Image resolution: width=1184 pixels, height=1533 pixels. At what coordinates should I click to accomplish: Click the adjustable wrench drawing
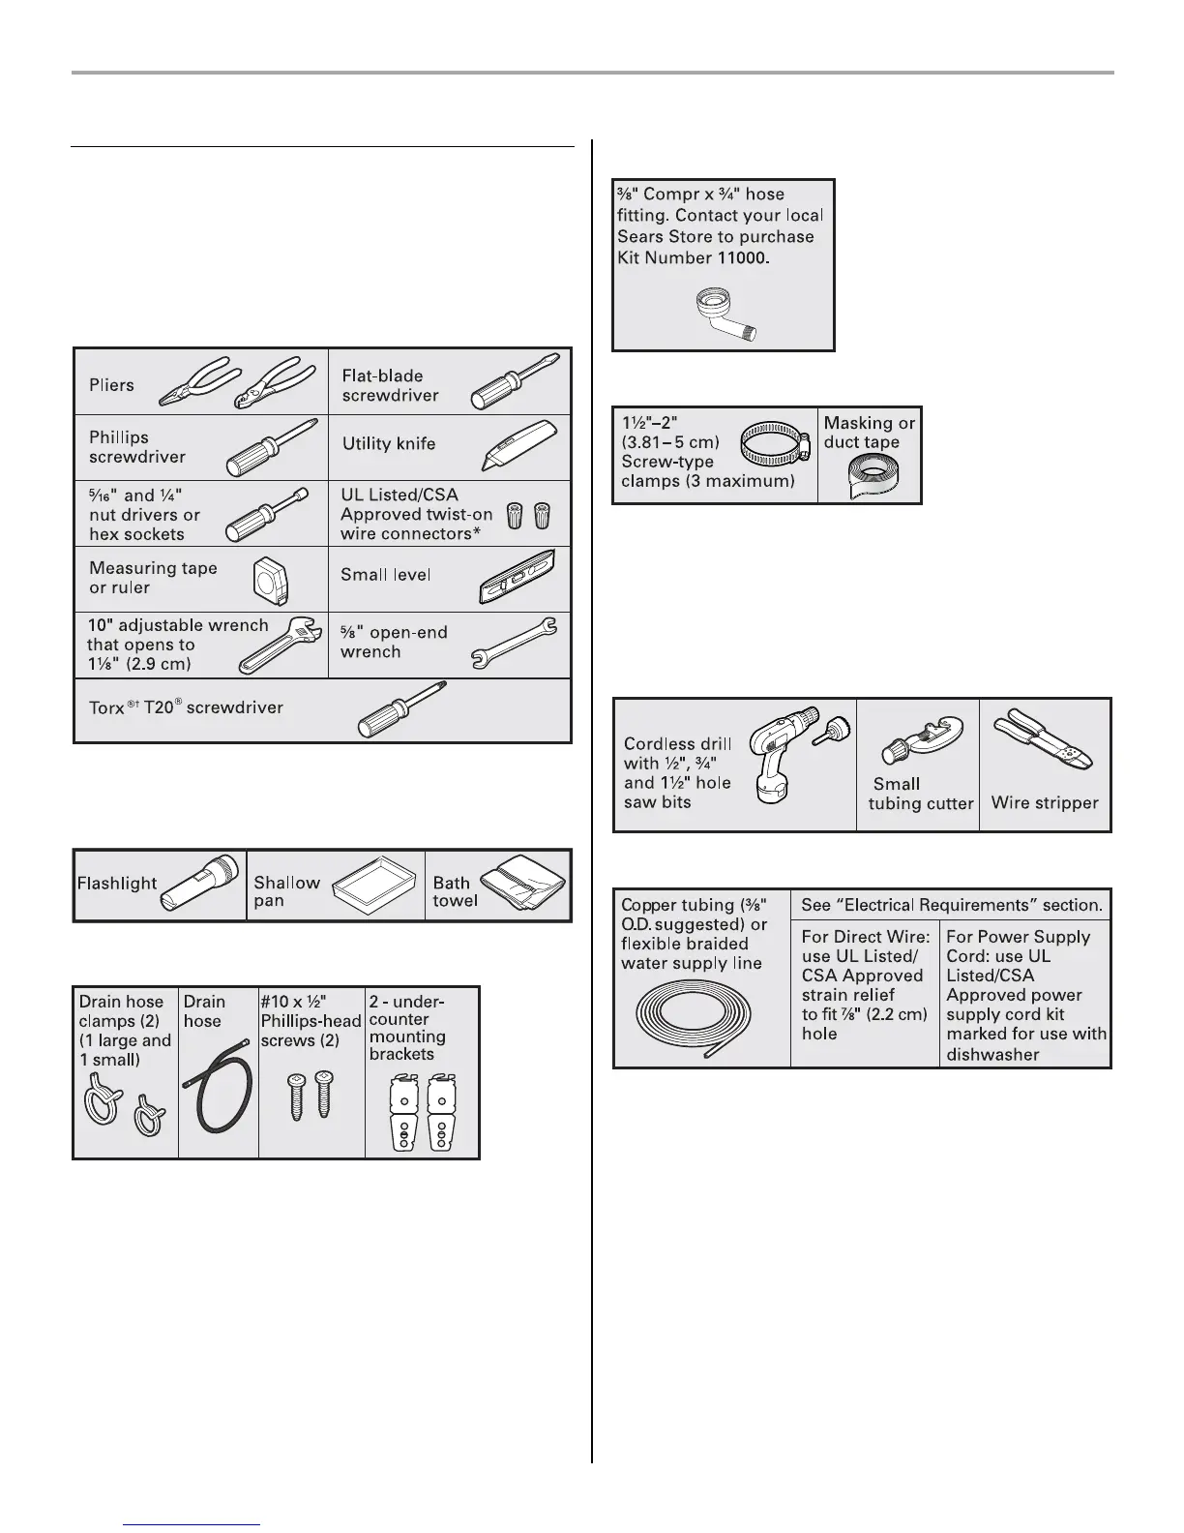(279, 647)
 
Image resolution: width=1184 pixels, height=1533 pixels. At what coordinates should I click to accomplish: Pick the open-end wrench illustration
(513, 643)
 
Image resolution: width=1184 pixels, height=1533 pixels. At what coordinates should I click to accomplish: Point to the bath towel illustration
(523, 883)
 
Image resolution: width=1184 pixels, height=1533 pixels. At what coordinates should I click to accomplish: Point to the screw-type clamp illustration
(776, 448)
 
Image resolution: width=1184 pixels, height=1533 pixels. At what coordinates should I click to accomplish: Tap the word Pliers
(111, 385)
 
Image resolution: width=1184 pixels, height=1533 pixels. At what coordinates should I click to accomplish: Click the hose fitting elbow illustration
(724, 315)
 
